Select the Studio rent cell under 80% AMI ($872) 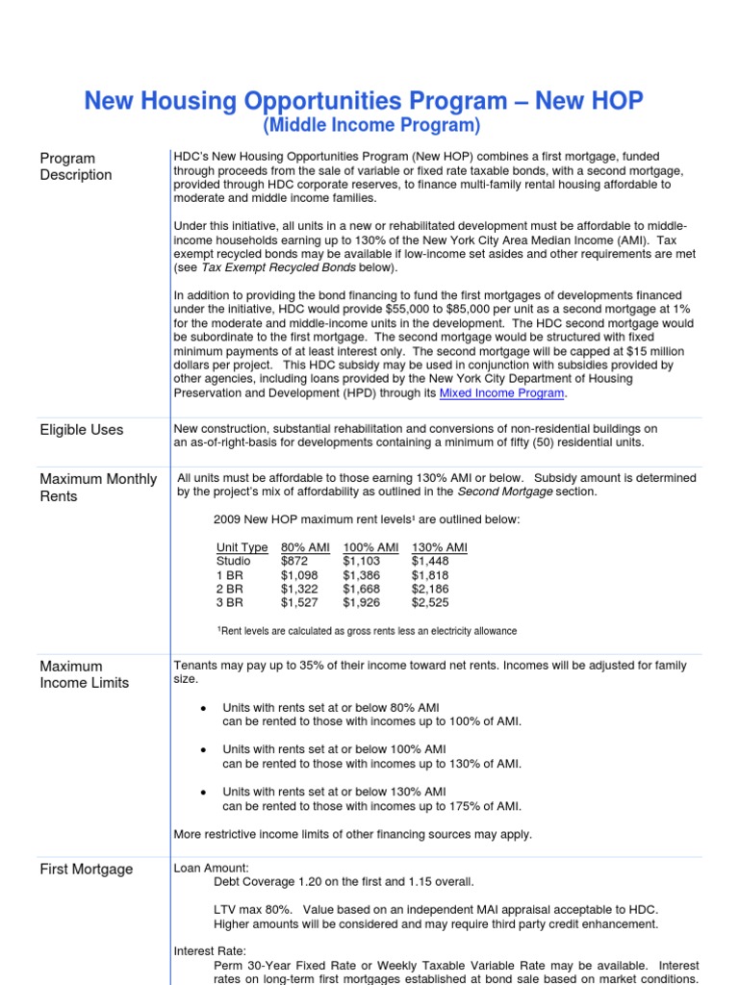(294, 561)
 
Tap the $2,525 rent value (429, 603)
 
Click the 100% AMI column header (370, 547)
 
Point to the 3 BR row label (230, 603)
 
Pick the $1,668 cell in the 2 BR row (361, 589)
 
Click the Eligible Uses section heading (81, 430)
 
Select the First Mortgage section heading (87, 870)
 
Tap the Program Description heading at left (75, 166)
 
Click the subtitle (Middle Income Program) (370, 126)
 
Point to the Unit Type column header (242, 547)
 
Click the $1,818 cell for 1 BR (429, 575)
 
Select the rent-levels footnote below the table (367, 631)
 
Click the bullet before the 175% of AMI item (203, 791)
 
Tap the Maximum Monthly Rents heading (97, 488)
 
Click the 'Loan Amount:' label (211, 868)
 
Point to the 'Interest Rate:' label (210, 951)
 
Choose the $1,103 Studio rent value (361, 561)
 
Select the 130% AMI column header (439, 547)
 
